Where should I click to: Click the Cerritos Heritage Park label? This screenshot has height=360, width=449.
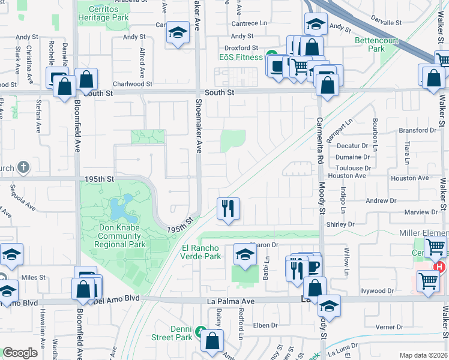click(x=103, y=14)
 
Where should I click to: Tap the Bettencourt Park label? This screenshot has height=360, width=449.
click(x=377, y=45)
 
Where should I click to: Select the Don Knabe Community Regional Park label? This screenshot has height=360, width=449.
click(x=119, y=236)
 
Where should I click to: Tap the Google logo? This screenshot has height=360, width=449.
click(x=20, y=353)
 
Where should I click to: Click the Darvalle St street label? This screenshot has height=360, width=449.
click(x=386, y=22)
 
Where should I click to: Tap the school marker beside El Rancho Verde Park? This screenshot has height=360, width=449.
click(x=245, y=254)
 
